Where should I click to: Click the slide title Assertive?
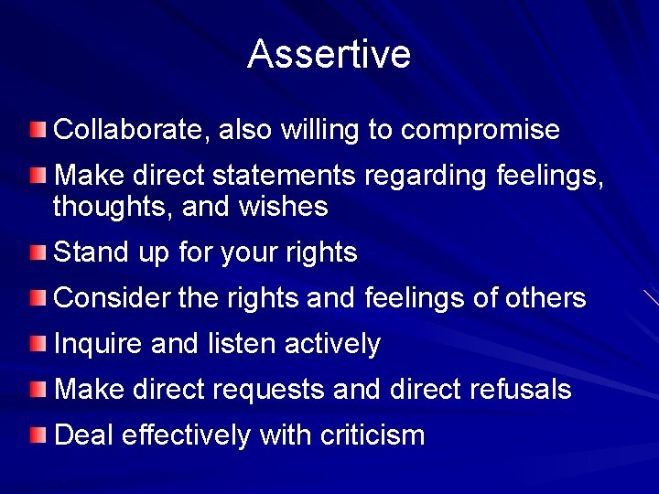coord(329,55)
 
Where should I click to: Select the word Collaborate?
coord(131,130)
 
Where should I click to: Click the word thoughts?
coord(113,208)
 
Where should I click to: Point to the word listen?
coord(240,344)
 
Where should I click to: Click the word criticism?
coord(373,435)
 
